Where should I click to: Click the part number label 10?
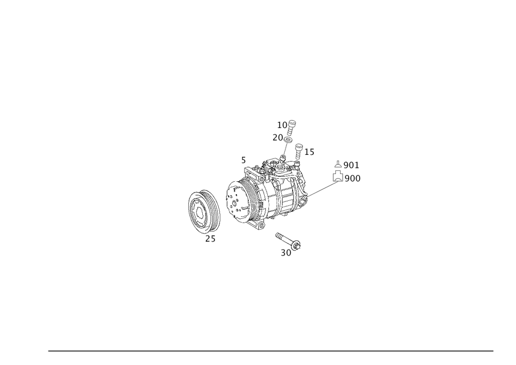(x=282, y=125)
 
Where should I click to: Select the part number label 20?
(x=277, y=137)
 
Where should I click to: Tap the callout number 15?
(x=309, y=152)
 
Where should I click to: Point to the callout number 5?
(x=243, y=161)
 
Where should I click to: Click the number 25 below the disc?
(x=210, y=239)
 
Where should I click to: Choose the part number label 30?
(x=286, y=253)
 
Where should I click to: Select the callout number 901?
(x=351, y=165)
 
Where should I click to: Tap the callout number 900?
(x=352, y=179)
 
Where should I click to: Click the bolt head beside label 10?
(x=293, y=123)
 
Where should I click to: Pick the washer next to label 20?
(x=289, y=138)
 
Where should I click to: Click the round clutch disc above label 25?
(x=203, y=210)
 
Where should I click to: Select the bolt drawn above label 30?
(x=289, y=240)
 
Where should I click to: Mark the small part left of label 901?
(x=337, y=164)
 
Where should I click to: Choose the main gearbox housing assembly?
(x=268, y=194)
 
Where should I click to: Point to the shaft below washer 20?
(x=285, y=150)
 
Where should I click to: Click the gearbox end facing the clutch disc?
(x=231, y=199)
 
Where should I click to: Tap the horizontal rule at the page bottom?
(x=271, y=350)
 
